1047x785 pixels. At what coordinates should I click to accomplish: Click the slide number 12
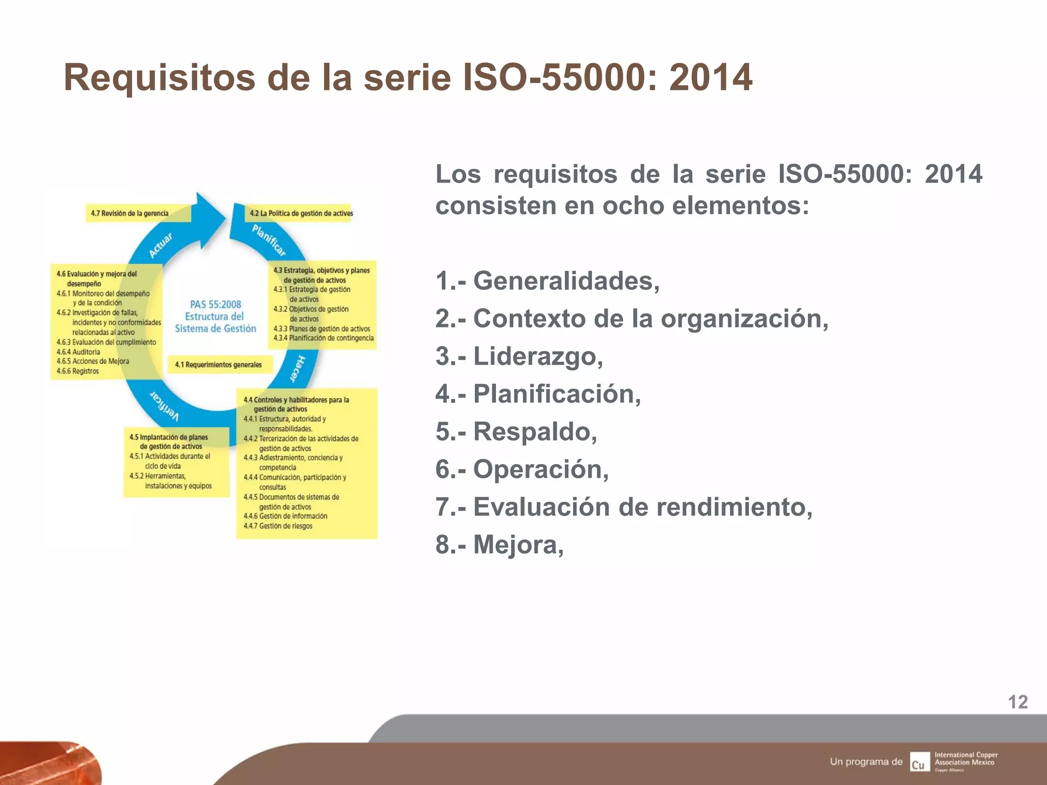pyautogui.click(x=1017, y=702)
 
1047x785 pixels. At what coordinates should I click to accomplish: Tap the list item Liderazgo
pyautogui.click(x=519, y=356)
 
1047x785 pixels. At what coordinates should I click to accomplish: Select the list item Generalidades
pyautogui.click(x=547, y=281)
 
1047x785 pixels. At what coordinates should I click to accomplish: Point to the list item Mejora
pyautogui.click(x=499, y=544)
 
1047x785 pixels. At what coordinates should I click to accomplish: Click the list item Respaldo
pyautogui.click(x=516, y=431)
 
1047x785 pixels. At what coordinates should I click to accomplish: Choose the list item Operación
pyautogui.click(x=522, y=469)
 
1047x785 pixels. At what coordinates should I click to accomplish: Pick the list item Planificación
pyautogui.click(x=538, y=394)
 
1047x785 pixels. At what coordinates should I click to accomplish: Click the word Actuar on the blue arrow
pyautogui.click(x=161, y=245)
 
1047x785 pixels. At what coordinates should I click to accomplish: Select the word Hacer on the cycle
pyautogui.click(x=297, y=368)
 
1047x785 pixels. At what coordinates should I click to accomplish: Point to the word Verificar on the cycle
pyautogui.click(x=164, y=406)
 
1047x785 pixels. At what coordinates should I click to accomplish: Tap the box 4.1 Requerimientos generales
pyautogui.click(x=219, y=364)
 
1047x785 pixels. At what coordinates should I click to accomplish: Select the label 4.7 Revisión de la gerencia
pyautogui.click(x=130, y=213)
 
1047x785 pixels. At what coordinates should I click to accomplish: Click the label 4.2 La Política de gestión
pyautogui.click(x=301, y=213)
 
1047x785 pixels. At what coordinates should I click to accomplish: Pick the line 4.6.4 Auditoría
pyautogui.click(x=79, y=352)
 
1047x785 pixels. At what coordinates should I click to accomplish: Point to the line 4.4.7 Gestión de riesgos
pyautogui.click(x=278, y=526)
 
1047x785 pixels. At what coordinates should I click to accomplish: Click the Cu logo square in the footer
pyautogui.click(x=919, y=762)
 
